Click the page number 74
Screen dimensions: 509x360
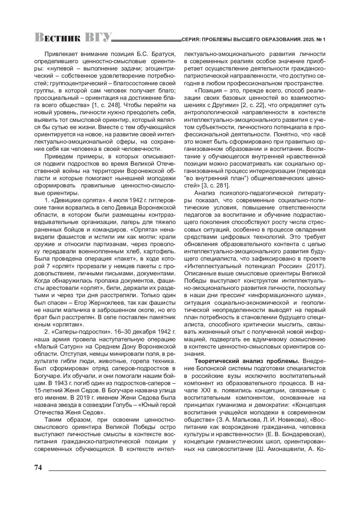(38, 468)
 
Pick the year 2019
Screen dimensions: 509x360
(79, 398)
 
